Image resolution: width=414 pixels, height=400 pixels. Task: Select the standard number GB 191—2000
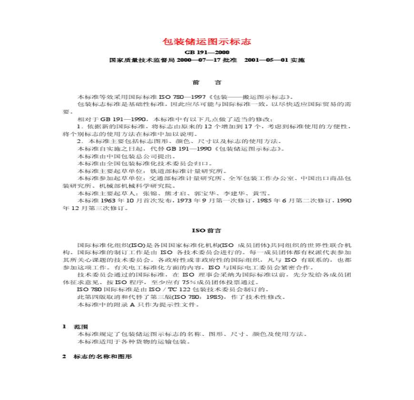pos(207,53)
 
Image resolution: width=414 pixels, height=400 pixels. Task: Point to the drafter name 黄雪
pos(262,193)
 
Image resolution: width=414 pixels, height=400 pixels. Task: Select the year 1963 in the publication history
pos(107,201)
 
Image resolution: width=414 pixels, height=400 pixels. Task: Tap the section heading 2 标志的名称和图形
pos(97,356)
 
